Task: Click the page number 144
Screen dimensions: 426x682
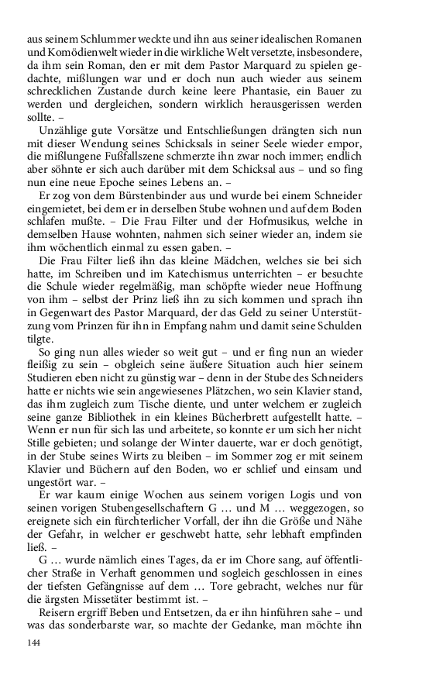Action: [x=34, y=643]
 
